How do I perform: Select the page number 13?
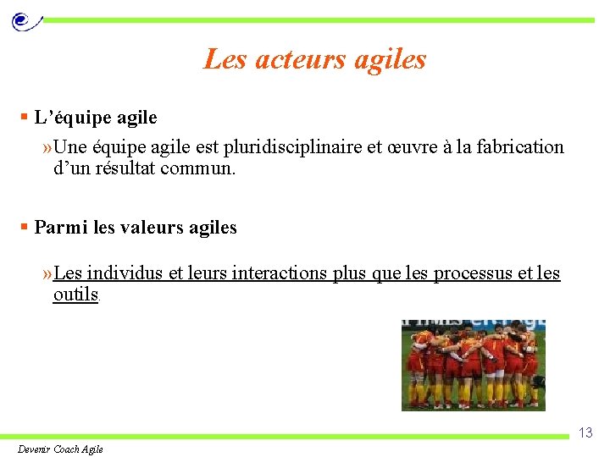click(x=585, y=432)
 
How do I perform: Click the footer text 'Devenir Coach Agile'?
click(x=60, y=449)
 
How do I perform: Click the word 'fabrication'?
click(x=519, y=147)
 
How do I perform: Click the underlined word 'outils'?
click(x=75, y=295)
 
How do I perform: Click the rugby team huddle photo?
click(x=473, y=365)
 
